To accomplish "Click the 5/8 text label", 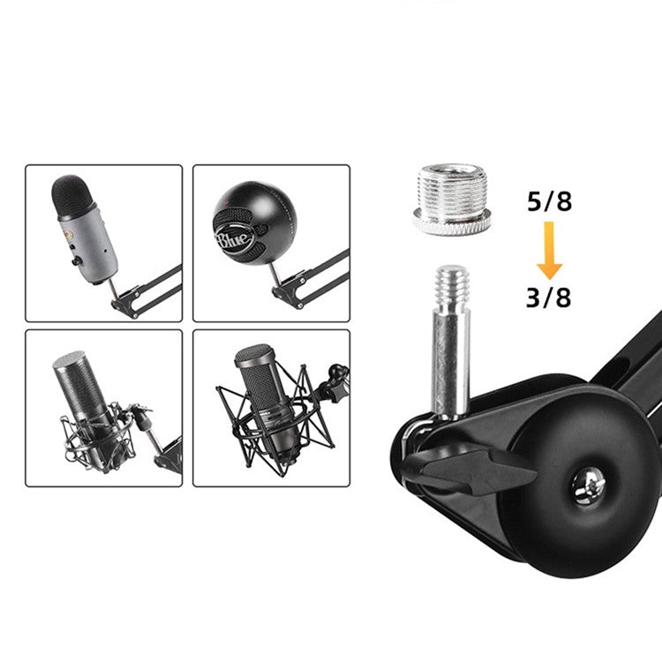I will (x=549, y=202).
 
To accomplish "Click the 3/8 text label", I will (x=549, y=297).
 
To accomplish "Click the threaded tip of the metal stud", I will (x=452, y=286).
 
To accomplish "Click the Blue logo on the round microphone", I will (x=234, y=240).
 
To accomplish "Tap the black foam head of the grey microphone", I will (x=74, y=198).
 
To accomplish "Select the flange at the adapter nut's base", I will (x=452, y=223).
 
